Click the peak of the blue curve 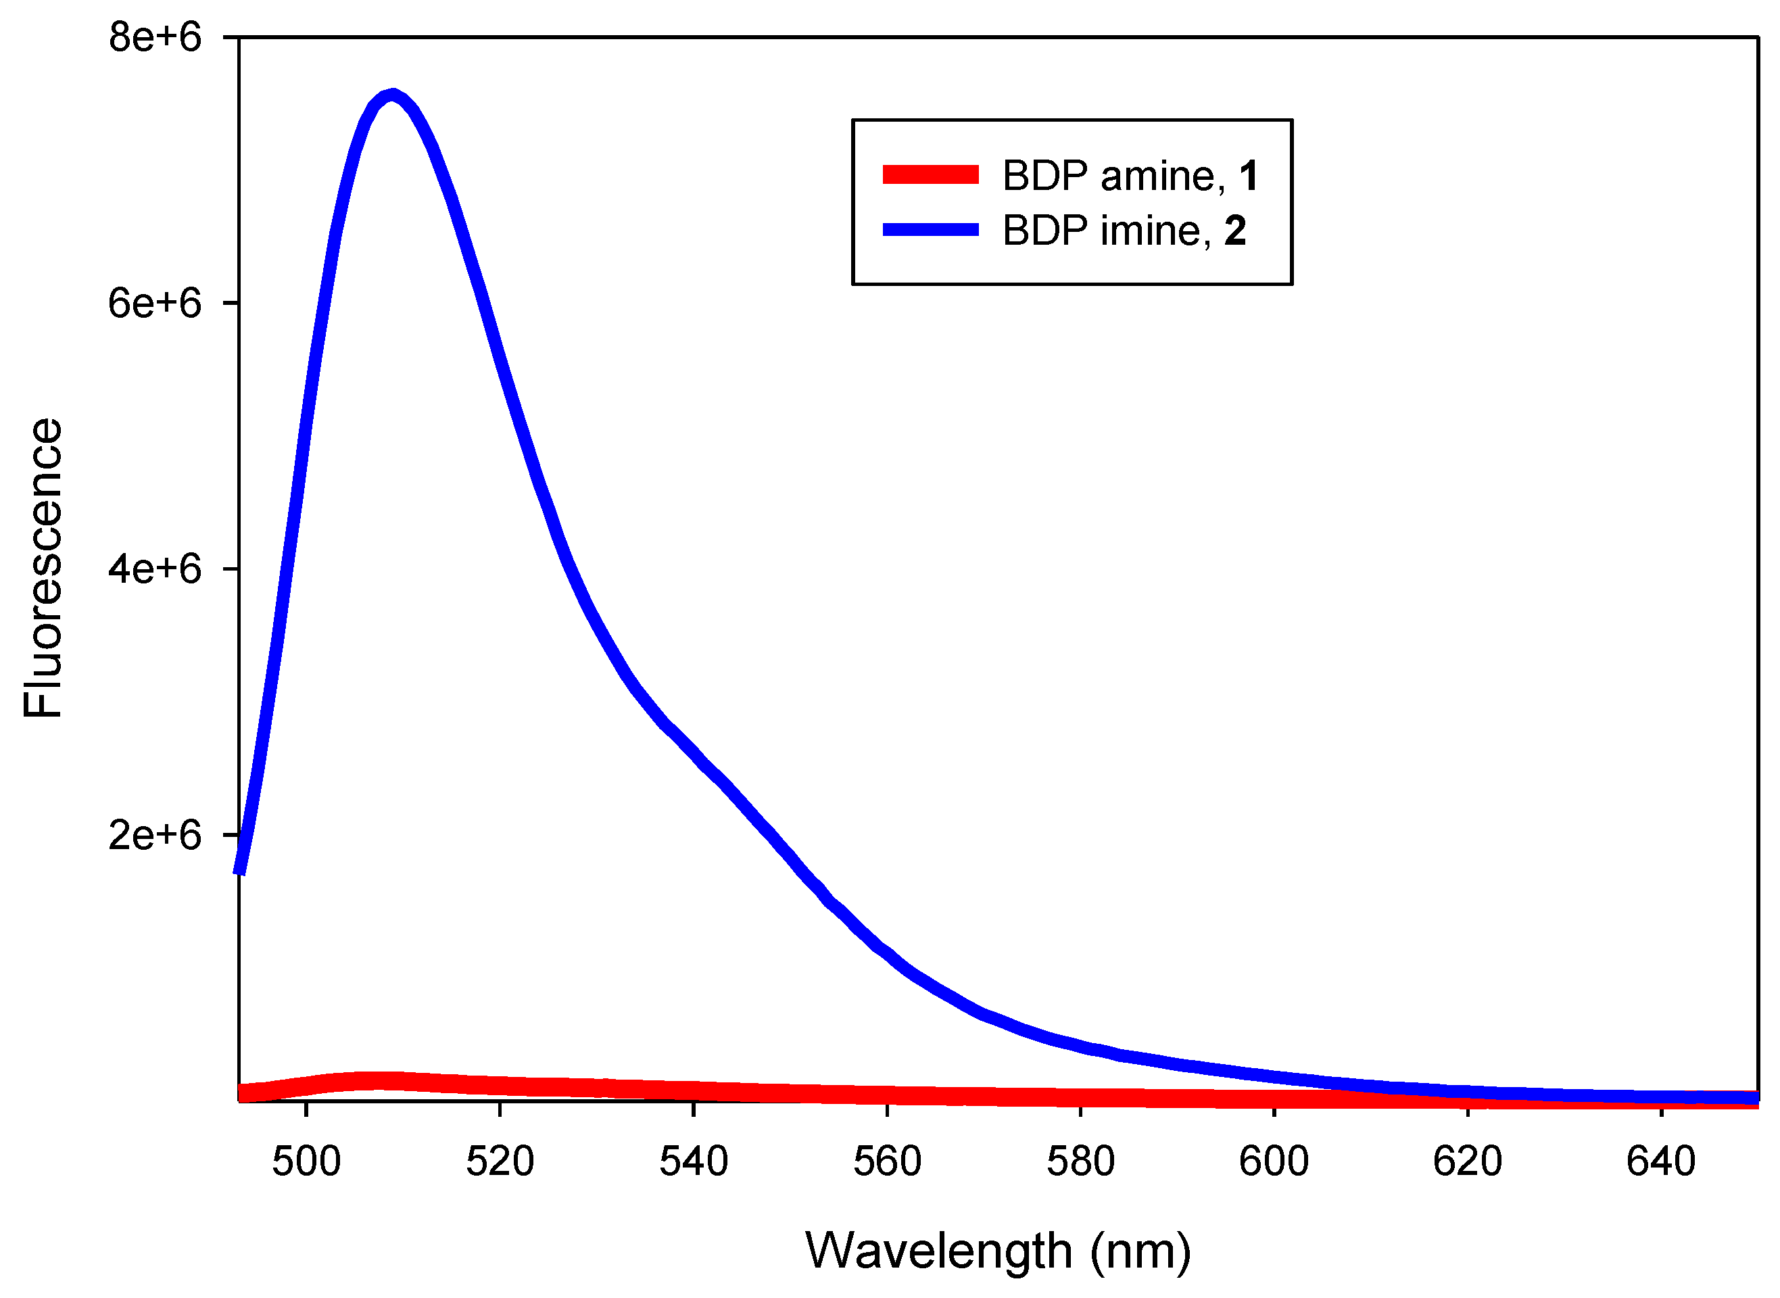coord(392,96)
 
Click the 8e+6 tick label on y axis coord(155,37)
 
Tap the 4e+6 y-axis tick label coord(155,568)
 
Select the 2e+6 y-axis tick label coord(155,834)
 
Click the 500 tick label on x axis coord(306,1161)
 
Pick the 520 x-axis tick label coord(500,1161)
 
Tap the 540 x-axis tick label coord(694,1161)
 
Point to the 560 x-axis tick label coord(887,1161)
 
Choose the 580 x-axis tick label coord(1080,1161)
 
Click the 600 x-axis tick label coord(1274,1161)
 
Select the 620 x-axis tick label coord(1468,1161)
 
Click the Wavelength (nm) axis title coord(998,1251)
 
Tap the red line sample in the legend coord(930,174)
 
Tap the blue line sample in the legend coord(930,229)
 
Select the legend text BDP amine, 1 coord(1130,175)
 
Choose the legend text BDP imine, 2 coord(1124,231)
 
